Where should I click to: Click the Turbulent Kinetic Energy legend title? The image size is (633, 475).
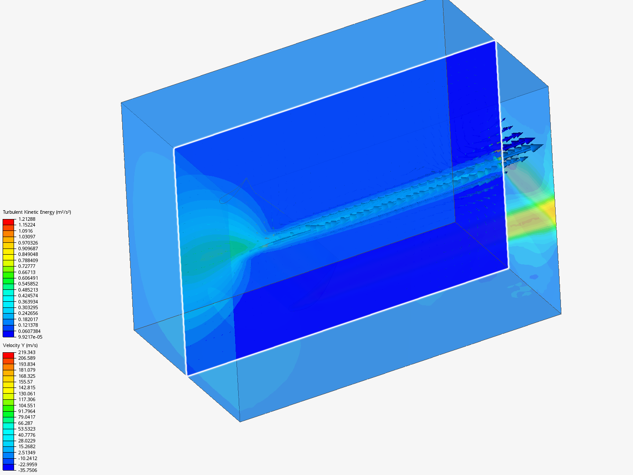37,212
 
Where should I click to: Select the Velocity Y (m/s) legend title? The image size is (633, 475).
20,346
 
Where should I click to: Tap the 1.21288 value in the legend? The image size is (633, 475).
27,219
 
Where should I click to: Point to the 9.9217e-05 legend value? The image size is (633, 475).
30,337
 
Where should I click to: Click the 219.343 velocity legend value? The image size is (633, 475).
27,352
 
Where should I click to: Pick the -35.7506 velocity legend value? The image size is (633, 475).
28,471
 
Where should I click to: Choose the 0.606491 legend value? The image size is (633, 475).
28,278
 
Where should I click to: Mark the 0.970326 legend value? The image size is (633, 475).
28,243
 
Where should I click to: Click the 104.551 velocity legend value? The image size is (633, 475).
27,406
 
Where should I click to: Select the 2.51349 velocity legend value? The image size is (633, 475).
27,453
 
